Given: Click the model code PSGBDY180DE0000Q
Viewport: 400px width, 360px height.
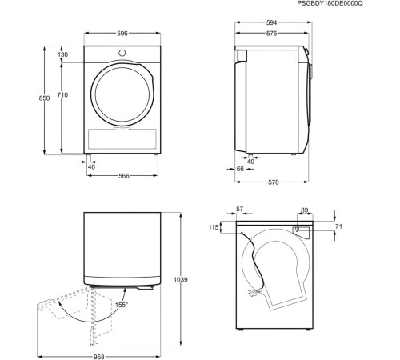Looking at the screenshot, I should [351, 4].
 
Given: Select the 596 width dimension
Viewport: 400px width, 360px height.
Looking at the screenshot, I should [122, 34].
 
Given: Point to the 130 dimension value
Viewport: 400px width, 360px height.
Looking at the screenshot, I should [63, 54].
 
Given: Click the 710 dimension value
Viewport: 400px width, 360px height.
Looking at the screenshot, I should [63, 95].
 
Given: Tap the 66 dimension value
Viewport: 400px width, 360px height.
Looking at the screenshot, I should [240, 169].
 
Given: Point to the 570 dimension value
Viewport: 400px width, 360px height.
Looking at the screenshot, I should [273, 183].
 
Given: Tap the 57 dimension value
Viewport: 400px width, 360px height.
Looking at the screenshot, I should [240, 210].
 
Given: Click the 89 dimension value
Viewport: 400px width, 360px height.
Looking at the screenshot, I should [305, 210].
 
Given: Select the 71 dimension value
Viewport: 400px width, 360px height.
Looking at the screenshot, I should [338, 227].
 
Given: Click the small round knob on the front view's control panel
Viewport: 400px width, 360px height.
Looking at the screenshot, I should [122, 54].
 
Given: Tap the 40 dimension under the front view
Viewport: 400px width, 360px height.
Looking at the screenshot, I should [90, 166].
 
